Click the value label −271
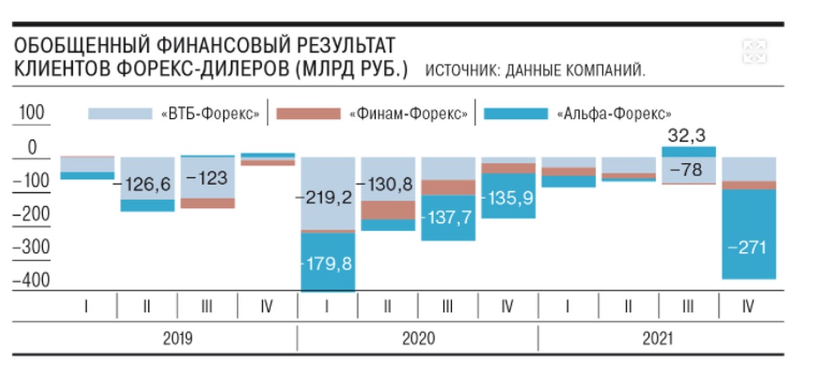748,248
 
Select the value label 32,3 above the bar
688,136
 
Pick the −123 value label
207,178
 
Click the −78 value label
688,169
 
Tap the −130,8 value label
388,185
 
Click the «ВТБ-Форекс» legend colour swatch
119,114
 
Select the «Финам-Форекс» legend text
409,114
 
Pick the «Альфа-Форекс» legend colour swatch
515,114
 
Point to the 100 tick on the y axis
31,113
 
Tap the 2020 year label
418,339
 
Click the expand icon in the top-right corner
754,50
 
